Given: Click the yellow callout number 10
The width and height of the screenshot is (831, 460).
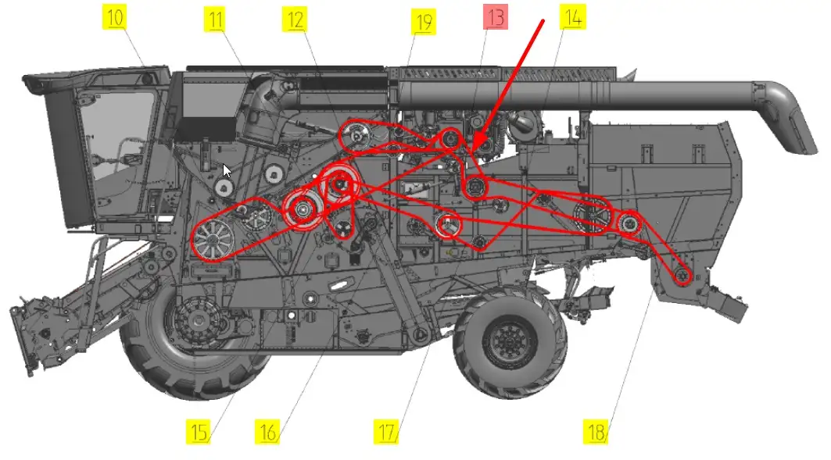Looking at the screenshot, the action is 114,17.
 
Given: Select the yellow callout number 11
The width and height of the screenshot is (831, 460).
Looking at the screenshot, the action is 215,20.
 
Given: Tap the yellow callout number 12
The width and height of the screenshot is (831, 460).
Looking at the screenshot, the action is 295,20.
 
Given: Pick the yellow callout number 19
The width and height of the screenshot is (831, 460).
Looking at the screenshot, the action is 424,22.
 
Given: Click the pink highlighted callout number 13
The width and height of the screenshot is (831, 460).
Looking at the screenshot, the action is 496,17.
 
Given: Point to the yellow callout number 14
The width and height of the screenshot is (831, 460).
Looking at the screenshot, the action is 573,17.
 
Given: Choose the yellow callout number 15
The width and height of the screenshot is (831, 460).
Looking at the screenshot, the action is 199,431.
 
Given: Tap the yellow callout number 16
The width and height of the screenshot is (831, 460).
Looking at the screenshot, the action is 267,431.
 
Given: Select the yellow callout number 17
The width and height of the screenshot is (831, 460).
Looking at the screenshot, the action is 387,431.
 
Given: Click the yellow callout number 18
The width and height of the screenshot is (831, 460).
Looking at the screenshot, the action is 596,431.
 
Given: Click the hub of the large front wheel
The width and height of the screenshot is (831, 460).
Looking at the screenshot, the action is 199,321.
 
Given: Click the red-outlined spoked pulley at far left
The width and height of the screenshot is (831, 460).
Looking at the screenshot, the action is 213,239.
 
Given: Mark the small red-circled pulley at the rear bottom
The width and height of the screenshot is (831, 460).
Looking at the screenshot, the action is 682,275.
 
